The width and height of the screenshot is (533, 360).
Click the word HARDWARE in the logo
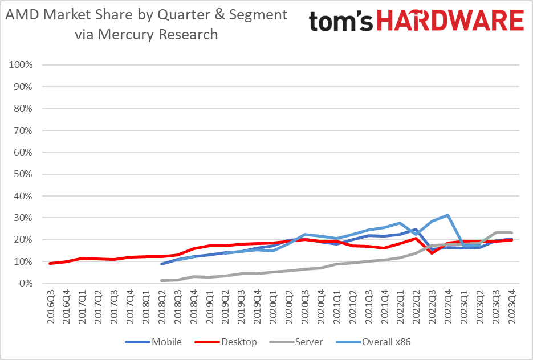(x=450, y=21)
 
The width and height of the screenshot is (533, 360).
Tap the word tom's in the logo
(x=341, y=22)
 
